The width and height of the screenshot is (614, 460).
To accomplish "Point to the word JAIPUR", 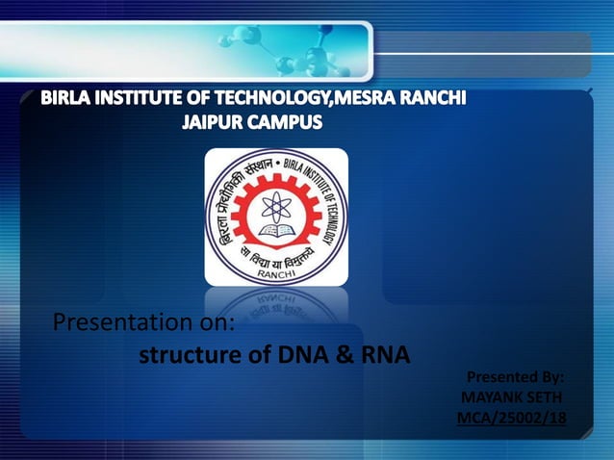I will (x=213, y=123).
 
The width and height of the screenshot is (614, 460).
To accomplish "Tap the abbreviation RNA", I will (x=383, y=355).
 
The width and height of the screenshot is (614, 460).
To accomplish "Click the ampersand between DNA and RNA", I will (x=345, y=355).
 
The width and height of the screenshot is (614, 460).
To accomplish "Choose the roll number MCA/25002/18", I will (x=511, y=417).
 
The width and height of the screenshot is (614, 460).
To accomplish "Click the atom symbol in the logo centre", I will (x=276, y=205).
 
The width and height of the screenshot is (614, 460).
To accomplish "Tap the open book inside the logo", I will (x=276, y=231).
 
